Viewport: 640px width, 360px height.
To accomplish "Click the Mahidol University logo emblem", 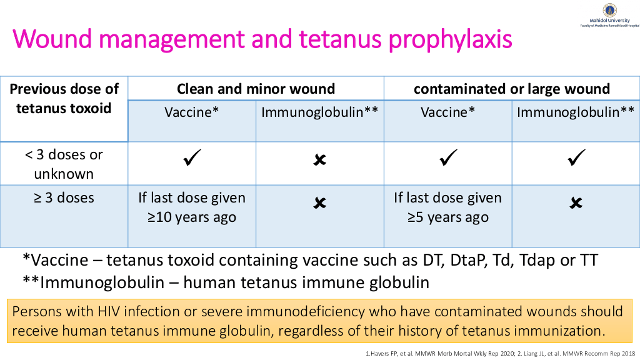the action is tap(610, 10).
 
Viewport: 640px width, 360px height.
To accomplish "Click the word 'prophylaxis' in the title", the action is tap(450, 40).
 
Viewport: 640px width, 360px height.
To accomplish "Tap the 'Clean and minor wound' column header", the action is tap(256, 89).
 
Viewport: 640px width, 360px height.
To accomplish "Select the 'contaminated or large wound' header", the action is tap(512, 89).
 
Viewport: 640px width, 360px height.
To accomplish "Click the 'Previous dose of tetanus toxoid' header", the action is tap(64, 98).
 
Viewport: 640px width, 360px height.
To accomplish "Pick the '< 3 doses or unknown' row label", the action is tap(64, 164).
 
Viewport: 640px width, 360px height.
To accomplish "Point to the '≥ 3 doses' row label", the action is tap(64, 198).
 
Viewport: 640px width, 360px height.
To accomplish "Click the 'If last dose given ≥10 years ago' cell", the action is tap(192, 207).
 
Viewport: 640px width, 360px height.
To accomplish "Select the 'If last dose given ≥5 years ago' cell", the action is tap(447, 207).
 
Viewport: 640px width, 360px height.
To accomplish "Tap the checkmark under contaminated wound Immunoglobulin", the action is tap(576, 157).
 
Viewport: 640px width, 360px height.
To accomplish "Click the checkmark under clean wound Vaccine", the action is tap(192, 157).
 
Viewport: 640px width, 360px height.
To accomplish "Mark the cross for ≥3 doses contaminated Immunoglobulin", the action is tap(576, 203).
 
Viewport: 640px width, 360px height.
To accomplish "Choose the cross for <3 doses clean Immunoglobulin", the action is tap(320, 159).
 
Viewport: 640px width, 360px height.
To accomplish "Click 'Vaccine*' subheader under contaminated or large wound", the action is tap(447, 112).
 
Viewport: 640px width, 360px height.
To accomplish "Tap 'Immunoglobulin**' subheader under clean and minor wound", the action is tap(320, 112).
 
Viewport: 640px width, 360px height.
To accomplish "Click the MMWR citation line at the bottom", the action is tap(500, 354).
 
